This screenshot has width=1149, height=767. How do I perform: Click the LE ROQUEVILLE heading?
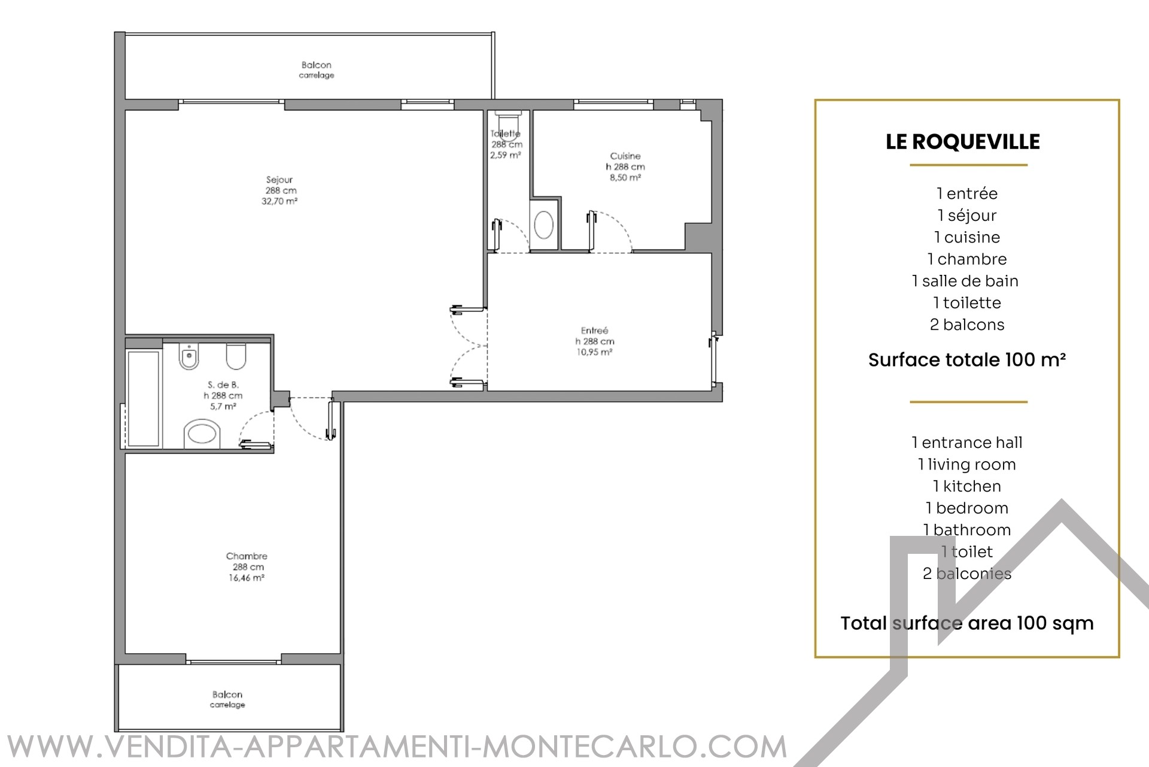pos(963,142)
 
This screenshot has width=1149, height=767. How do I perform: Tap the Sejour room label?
pos(279,180)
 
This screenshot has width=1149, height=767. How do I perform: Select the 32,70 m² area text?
pos(279,201)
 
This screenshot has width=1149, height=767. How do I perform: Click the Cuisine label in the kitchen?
pos(625,156)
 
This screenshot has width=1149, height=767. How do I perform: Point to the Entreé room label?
pos(594,331)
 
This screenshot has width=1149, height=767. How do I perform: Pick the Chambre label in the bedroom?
pos(247,556)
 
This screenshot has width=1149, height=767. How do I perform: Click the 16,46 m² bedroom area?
pos(247,578)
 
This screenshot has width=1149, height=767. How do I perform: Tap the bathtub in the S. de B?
pos(143,398)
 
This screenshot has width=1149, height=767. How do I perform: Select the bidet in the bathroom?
pos(189,357)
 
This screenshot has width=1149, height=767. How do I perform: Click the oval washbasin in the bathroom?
pos(202,433)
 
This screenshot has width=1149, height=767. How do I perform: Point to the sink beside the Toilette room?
pos(543,225)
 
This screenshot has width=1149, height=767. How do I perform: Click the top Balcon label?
pos(317,65)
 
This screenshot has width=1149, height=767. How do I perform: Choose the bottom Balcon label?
pos(227,695)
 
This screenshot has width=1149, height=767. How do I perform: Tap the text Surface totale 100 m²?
pos(967,360)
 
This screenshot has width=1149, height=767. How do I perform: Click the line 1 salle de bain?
pos(965,281)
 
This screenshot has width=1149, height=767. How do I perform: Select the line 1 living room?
pos(967,465)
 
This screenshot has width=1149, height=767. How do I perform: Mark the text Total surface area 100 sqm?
pos(967,623)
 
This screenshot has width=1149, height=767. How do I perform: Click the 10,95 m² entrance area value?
pos(594,352)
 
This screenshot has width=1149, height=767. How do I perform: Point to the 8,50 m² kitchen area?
pos(625,178)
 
